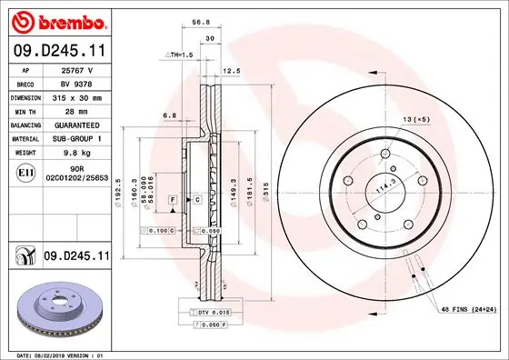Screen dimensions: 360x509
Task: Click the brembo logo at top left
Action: coord(56,20)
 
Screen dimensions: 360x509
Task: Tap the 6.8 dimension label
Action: coord(169,115)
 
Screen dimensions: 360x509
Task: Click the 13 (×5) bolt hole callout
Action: coord(416,119)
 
